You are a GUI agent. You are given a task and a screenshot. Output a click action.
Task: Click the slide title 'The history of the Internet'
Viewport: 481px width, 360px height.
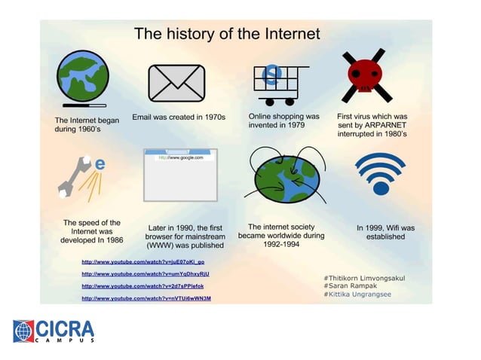point(226,34)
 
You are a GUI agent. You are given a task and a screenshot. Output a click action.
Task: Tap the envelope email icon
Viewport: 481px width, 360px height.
point(176,83)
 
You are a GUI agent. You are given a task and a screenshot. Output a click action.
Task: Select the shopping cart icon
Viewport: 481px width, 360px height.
point(280,84)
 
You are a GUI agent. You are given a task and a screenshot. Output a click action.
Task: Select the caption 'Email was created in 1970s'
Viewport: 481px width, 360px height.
point(179,117)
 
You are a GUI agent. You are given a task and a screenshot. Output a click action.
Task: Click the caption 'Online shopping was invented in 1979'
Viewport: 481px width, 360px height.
point(283,121)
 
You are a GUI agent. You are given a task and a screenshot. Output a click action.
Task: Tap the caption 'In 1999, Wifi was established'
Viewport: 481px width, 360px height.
point(385,232)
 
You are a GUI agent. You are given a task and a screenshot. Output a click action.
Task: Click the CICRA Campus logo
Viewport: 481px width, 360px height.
point(54,331)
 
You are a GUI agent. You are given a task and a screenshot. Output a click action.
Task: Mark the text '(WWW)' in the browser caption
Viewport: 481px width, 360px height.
point(159,246)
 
